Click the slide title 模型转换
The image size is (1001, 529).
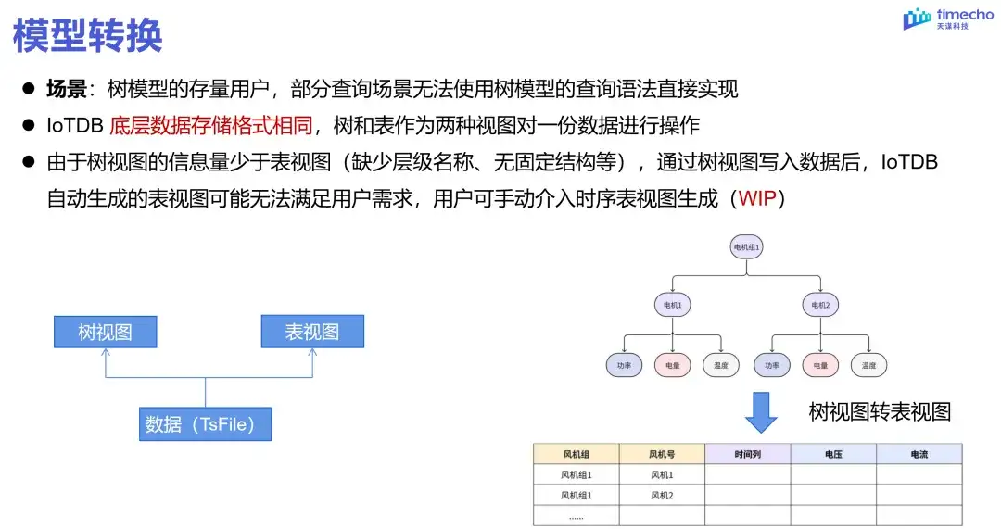tap(88, 35)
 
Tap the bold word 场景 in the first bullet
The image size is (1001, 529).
tap(67, 89)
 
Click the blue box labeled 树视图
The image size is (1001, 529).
tap(105, 332)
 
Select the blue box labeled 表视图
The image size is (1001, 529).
tap(312, 332)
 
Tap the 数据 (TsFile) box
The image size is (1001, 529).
tap(205, 423)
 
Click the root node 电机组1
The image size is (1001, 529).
tap(746, 247)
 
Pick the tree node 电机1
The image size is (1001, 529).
tap(673, 305)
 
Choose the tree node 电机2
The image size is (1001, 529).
tap(820, 305)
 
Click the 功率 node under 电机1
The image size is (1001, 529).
tap(624, 365)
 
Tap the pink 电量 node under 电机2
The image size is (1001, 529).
tap(820, 365)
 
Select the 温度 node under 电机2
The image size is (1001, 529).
tap(869, 365)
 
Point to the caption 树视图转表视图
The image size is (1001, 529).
tap(880, 412)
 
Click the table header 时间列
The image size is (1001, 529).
tap(747, 455)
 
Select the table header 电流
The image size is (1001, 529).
tap(919, 455)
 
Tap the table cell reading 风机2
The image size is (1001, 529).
tap(662, 496)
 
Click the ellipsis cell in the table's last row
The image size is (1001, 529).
tap(576, 517)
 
